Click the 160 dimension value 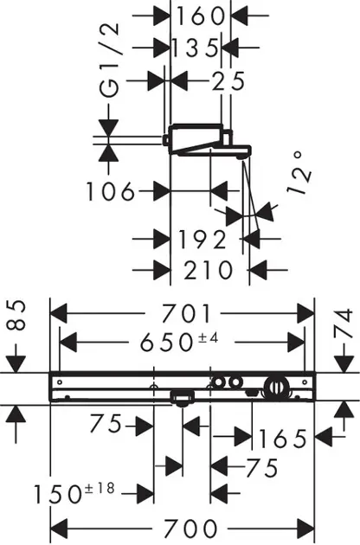(x=200, y=16)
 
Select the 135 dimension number (x=195, y=48)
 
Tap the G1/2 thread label (x=109, y=61)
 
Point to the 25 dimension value (x=228, y=81)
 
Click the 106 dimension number (x=110, y=191)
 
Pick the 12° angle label (x=299, y=172)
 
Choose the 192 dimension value (x=202, y=240)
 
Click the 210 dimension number (x=209, y=270)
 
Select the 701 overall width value (x=186, y=313)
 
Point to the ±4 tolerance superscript (x=208, y=337)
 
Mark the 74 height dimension (x=343, y=324)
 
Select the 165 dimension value (x=283, y=439)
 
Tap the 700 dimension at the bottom (x=190, y=529)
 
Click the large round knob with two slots (x=277, y=387)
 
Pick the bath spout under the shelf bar (x=182, y=398)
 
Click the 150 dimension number (x=58, y=494)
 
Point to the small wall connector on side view (x=166, y=139)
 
